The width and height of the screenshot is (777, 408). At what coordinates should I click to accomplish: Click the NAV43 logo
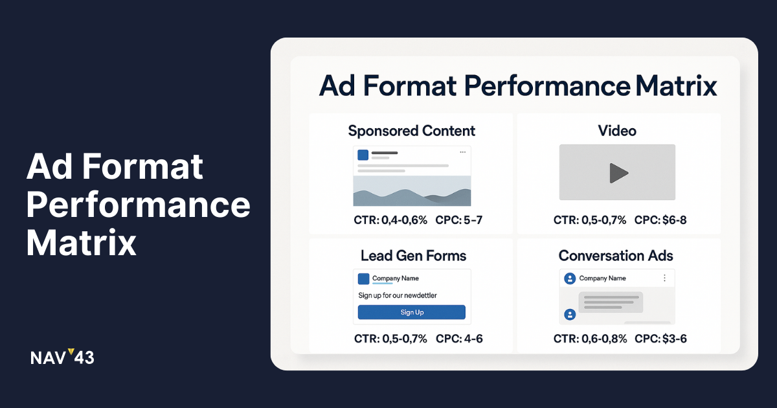[62, 357]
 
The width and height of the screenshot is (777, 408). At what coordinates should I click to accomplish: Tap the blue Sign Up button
[412, 312]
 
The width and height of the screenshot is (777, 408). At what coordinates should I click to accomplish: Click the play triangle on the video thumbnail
[619, 173]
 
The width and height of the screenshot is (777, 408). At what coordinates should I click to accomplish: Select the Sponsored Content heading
[412, 131]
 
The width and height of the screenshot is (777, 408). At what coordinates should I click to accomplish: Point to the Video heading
[617, 131]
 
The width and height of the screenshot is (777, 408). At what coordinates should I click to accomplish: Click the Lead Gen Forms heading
[414, 256]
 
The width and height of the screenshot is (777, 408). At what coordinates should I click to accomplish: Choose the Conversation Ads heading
[616, 256]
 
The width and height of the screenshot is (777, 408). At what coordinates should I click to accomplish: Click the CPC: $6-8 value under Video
[660, 220]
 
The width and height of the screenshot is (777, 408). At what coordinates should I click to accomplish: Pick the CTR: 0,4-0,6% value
[390, 220]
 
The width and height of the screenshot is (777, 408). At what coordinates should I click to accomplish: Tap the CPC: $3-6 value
[661, 339]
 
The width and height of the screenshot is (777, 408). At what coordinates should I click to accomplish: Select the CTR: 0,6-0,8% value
[590, 339]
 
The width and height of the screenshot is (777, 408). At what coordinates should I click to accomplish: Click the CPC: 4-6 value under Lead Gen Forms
[459, 339]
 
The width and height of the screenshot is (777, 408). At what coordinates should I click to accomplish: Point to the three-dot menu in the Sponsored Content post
[463, 152]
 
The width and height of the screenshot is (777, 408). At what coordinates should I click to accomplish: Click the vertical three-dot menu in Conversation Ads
[664, 278]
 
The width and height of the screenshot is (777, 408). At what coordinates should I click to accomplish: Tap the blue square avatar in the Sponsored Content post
[363, 155]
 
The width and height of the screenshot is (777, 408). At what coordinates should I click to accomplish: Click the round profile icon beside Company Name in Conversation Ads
[570, 278]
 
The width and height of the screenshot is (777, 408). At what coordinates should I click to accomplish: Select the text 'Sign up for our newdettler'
[398, 295]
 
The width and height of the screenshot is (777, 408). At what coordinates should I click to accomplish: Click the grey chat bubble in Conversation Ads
[611, 302]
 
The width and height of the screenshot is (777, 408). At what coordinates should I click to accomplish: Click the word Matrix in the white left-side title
[81, 242]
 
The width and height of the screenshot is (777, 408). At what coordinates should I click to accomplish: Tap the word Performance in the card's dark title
[547, 86]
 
